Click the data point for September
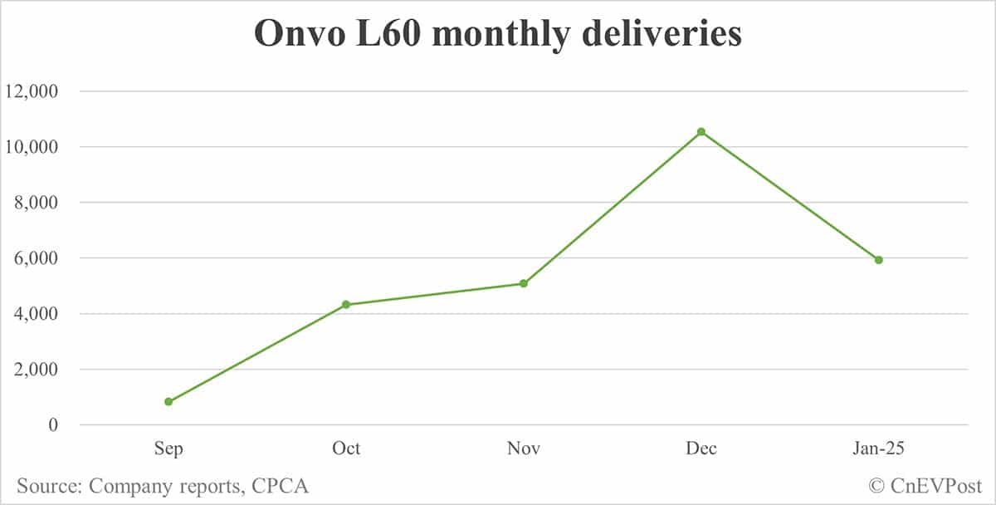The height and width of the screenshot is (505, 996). click(x=168, y=402)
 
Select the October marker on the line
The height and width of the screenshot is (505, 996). click(x=346, y=305)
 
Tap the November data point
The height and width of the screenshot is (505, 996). click(x=524, y=284)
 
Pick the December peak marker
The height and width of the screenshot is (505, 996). click(x=701, y=132)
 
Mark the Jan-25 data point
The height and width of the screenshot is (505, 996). click(x=879, y=260)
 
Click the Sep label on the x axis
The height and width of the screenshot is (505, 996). click(x=168, y=449)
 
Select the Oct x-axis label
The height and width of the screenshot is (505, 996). click(x=346, y=449)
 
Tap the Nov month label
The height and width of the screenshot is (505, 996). click(x=524, y=449)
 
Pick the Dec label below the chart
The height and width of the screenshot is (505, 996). click(x=701, y=449)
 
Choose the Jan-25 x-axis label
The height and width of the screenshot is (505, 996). click(x=879, y=449)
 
